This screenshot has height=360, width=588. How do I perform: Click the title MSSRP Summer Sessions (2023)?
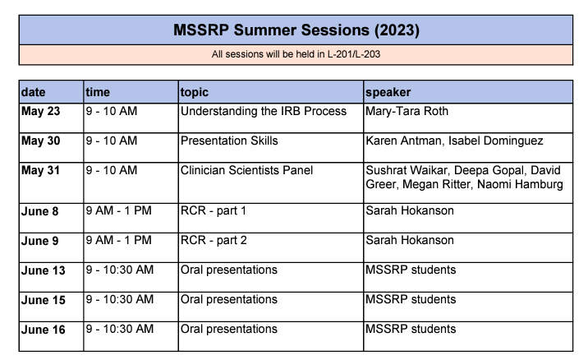tap(296, 30)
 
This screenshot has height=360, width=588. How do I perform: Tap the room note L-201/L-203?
tap(354, 54)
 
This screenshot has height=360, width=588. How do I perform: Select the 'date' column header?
tap(34, 92)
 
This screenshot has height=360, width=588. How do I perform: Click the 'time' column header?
tap(98, 92)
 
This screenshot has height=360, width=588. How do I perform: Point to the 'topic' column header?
tap(195, 92)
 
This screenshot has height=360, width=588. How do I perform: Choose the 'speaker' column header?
tap(388, 92)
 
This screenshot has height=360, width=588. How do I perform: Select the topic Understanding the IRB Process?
tap(264, 111)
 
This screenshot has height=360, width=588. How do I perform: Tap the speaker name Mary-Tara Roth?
tap(407, 112)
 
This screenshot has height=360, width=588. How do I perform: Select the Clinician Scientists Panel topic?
tap(246, 170)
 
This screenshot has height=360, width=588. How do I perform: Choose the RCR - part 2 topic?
tap(214, 240)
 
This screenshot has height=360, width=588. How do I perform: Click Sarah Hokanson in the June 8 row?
tap(410, 210)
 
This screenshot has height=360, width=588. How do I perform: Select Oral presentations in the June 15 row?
tap(229, 299)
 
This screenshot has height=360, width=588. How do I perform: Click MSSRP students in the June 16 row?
tap(411, 330)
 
